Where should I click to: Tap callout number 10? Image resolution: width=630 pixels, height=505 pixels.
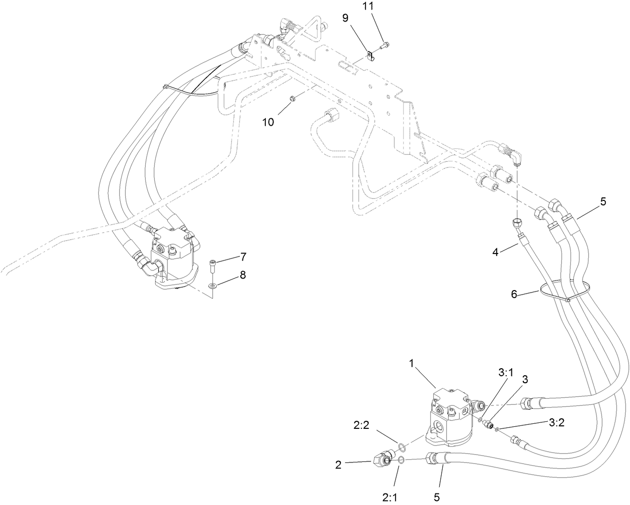point(268,122)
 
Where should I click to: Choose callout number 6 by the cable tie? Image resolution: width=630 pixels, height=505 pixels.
point(513,295)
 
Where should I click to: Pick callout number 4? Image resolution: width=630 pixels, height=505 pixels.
point(495,252)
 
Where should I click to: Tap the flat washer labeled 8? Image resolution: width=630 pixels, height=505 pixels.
point(213,286)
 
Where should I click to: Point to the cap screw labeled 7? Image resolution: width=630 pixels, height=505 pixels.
point(213,265)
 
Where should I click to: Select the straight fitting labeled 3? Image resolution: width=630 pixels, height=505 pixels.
point(486,423)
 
